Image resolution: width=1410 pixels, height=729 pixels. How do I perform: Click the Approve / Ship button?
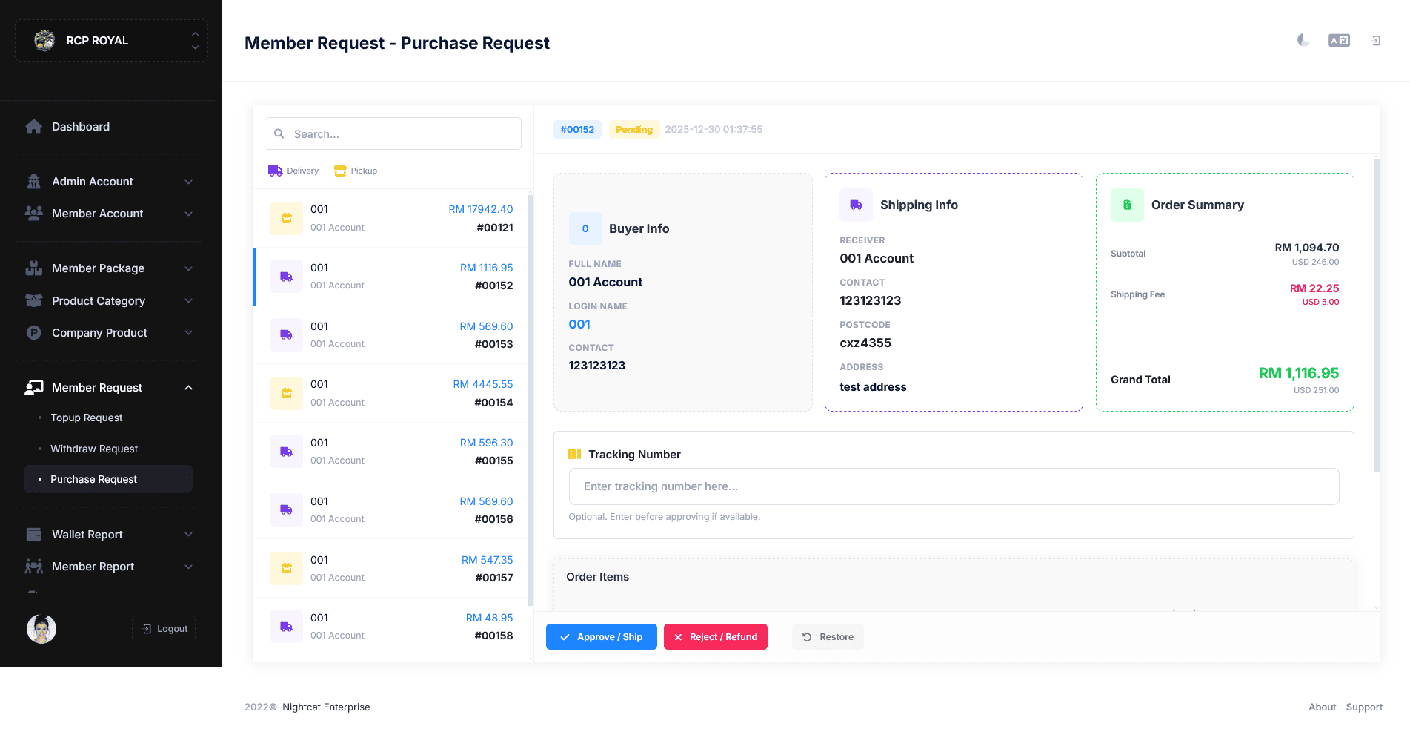(x=601, y=636)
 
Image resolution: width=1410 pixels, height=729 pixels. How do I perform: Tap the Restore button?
(x=828, y=636)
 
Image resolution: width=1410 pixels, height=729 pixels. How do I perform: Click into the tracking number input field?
(x=954, y=486)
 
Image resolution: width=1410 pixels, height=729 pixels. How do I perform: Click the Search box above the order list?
(x=393, y=133)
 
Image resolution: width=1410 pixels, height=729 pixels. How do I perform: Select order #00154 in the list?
(x=390, y=393)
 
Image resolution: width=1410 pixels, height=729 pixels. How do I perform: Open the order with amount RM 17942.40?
(x=390, y=218)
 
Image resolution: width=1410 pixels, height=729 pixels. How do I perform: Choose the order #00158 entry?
(x=390, y=627)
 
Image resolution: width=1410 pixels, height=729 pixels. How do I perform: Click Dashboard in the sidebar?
(x=80, y=127)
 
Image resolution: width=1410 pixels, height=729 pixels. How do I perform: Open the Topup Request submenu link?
(x=87, y=418)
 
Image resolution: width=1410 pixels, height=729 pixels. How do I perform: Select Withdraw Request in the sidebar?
(x=94, y=449)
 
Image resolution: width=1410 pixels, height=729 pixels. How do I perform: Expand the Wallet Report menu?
(x=108, y=534)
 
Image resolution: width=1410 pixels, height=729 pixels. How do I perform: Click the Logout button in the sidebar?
(x=164, y=628)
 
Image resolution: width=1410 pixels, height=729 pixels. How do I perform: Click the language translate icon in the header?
(x=1339, y=40)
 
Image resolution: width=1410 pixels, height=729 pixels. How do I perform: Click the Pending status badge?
(x=634, y=129)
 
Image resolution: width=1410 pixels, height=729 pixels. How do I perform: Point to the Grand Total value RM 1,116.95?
(x=1299, y=373)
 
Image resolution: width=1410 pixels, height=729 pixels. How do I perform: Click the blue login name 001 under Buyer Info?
(x=579, y=324)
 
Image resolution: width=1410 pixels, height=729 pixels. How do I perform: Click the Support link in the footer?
(x=1364, y=707)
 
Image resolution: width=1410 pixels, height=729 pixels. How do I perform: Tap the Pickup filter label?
(x=356, y=171)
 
